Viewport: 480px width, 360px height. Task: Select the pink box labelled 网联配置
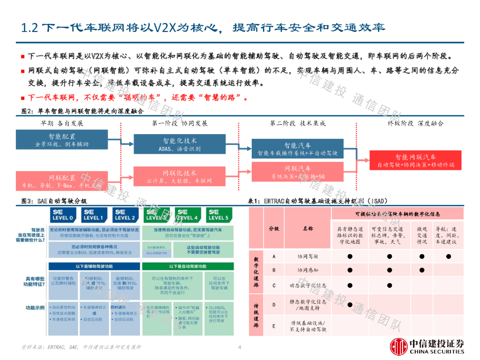coord(61,181)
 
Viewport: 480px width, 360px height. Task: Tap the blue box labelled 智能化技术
coord(180,144)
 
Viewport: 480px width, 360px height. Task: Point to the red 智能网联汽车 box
coord(415,161)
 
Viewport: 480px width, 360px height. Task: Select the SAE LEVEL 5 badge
coord(218,215)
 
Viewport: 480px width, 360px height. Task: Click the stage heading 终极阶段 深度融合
coord(415,123)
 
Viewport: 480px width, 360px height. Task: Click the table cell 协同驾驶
coord(307,256)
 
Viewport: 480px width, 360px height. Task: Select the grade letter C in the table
coord(274,285)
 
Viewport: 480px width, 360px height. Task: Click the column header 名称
coord(307,229)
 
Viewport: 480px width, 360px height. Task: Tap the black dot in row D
coord(350,305)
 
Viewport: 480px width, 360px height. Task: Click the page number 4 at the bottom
coord(240,347)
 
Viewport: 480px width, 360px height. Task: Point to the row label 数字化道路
coord(256,272)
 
